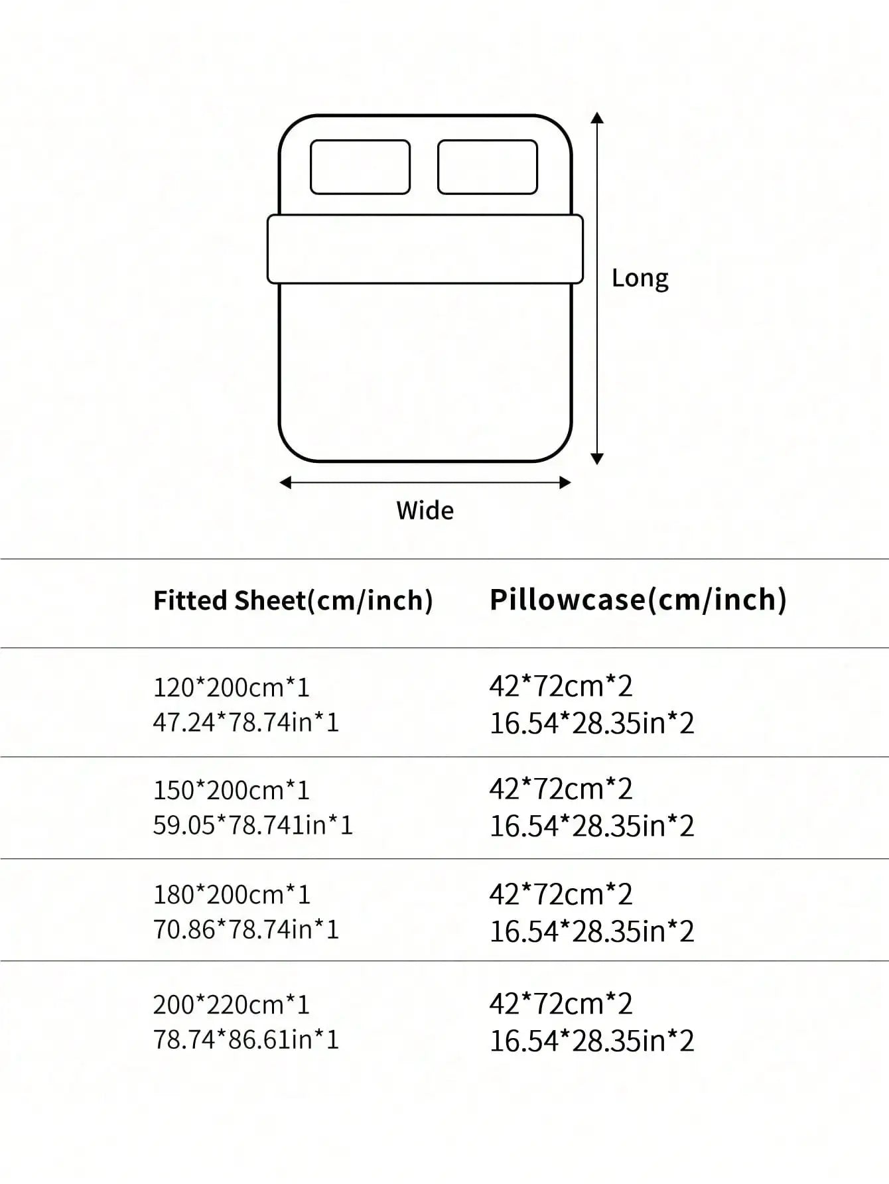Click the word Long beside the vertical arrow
(640, 279)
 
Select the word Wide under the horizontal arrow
(425, 511)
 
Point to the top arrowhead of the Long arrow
(597, 118)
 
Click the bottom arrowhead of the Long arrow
(597, 458)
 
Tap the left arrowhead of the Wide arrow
(285, 483)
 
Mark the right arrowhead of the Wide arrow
(565, 483)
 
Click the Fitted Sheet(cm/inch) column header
(293, 601)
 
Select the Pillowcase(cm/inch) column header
(638, 600)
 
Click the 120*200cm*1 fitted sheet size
(232, 688)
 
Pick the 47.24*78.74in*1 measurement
(246, 722)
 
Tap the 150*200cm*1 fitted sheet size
(232, 791)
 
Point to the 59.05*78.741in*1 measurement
(253, 825)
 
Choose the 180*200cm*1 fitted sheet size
(232, 895)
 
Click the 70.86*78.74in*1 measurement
(246, 929)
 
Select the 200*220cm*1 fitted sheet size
(232, 1005)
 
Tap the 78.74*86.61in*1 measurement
(246, 1039)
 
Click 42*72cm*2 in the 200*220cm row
(561, 1004)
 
